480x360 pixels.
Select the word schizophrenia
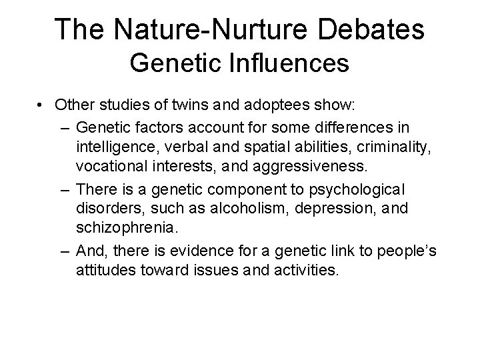(x=127, y=227)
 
